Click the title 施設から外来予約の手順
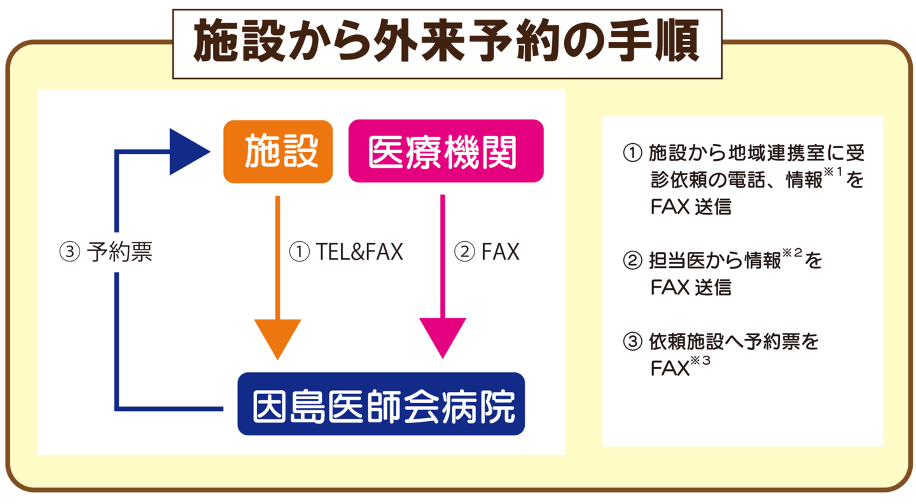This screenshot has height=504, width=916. click(447, 43)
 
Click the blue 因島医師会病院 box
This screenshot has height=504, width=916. click(381, 404)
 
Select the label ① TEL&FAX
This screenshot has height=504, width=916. click(346, 253)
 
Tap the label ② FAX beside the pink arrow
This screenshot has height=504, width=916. click(487, 253)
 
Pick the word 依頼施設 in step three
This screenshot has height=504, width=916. click(689, 342)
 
